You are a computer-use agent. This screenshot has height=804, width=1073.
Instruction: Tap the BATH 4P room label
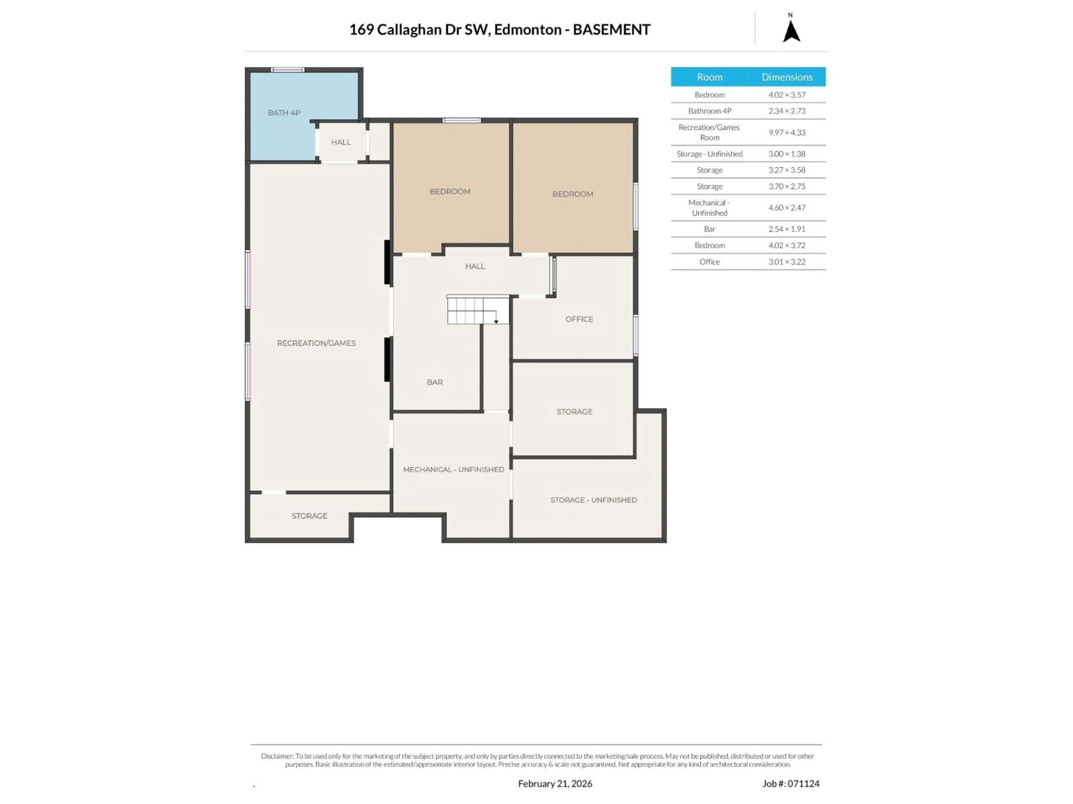[x=284, y=113]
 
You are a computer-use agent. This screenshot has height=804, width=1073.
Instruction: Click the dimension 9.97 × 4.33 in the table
[x=787, y=132]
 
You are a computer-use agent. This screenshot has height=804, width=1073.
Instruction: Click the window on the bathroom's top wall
[x=288, y=70]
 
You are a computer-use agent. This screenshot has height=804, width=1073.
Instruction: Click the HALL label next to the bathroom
[x=341, y=142]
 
